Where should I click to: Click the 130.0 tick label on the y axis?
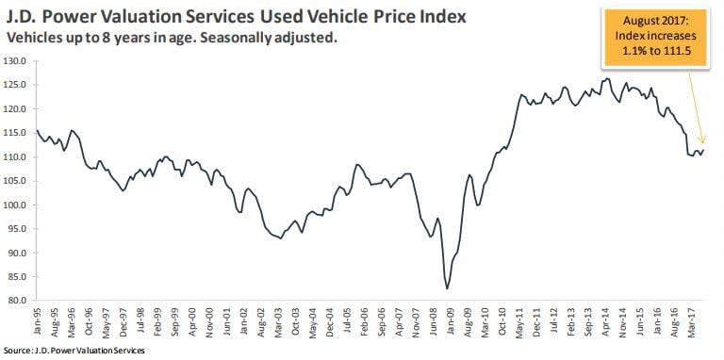pos(15,60)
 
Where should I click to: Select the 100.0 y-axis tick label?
pos(15,205)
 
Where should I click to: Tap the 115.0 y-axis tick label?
pos(15,133)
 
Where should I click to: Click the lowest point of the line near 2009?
pos(446,287)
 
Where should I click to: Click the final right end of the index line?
pos(703,150)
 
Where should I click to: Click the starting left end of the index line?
pos(36,130)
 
